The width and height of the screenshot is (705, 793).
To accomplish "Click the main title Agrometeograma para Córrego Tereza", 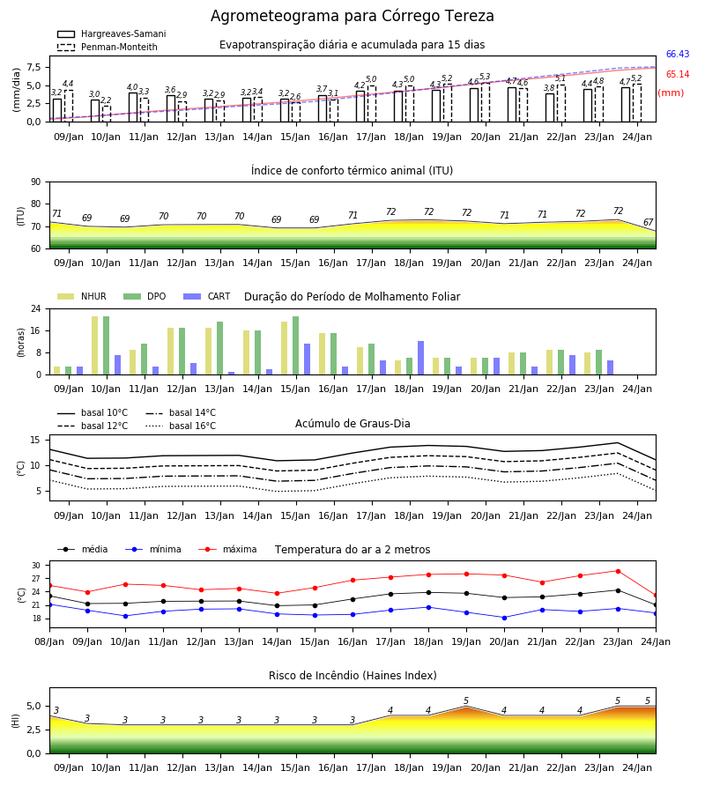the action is (352, 16).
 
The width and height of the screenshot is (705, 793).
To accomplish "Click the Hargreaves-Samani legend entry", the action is (111, 33).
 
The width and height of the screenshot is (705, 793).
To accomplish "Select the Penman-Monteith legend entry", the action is (108, 47).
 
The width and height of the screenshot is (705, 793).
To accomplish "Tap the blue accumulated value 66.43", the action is (678, 54).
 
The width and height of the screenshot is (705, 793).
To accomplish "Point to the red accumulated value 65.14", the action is (678, 74).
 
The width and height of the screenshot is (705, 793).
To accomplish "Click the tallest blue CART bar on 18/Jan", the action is (420, 358).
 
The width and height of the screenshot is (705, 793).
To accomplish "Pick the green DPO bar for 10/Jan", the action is (107, 345).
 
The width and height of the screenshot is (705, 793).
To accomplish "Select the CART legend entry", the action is (206, 296).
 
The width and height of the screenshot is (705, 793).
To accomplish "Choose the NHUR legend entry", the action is (82, 296).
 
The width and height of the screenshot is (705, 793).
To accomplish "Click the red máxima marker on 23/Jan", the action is (618, 572).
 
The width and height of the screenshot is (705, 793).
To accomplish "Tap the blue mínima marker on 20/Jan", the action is (504, 618).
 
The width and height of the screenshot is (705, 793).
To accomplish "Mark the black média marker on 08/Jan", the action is (50, 597).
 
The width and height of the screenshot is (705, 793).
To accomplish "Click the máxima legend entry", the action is (227, 549).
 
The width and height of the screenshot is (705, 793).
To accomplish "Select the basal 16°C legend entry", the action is (181, 426).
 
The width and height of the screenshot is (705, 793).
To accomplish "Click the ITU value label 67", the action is (648, 222).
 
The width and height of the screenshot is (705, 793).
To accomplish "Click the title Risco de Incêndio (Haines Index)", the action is (352, 675).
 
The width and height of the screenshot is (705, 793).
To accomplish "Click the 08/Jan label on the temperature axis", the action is (49, 641).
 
